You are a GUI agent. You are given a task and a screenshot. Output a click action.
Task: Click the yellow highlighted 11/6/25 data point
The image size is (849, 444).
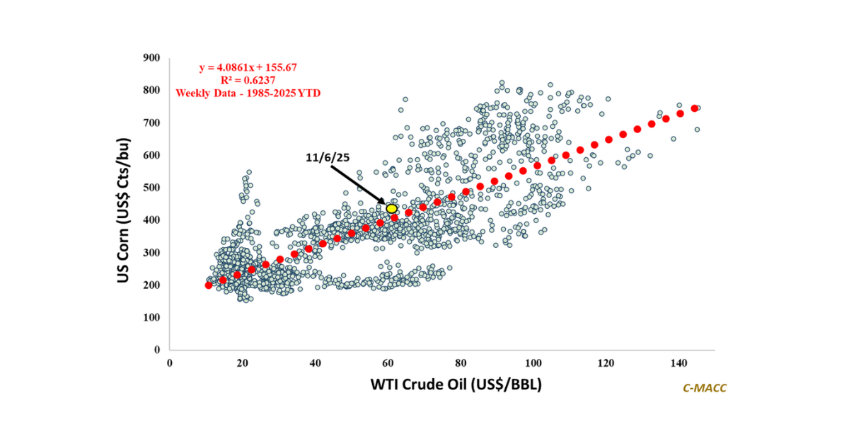click(391, 208)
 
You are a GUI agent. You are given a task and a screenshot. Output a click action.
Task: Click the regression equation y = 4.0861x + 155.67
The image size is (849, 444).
click(247, 67)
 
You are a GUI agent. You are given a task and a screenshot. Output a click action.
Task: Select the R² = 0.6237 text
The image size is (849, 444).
click(247, 80)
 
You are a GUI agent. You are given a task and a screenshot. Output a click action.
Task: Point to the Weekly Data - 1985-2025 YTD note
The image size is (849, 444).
click(247, 93)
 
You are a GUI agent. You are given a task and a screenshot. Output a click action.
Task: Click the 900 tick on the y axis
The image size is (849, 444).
click(152, 57)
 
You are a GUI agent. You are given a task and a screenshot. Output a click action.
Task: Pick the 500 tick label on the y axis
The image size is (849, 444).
click(152, 188)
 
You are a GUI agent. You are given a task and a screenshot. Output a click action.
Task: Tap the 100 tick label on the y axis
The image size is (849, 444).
click(152, 317)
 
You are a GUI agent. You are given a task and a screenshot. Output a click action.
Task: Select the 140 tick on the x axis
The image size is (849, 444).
click(678, 363)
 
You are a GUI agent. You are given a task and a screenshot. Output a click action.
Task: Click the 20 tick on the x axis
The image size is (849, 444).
click(242, 363)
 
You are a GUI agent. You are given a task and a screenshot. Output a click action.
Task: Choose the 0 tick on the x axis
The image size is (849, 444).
click(170, 363)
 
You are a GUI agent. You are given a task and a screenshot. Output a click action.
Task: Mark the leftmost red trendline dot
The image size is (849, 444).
click(208, 285)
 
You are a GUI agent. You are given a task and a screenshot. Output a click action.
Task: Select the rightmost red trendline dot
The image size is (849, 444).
click(695, 108)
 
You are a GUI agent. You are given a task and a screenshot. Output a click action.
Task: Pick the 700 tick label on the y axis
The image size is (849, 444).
click(152, 123)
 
